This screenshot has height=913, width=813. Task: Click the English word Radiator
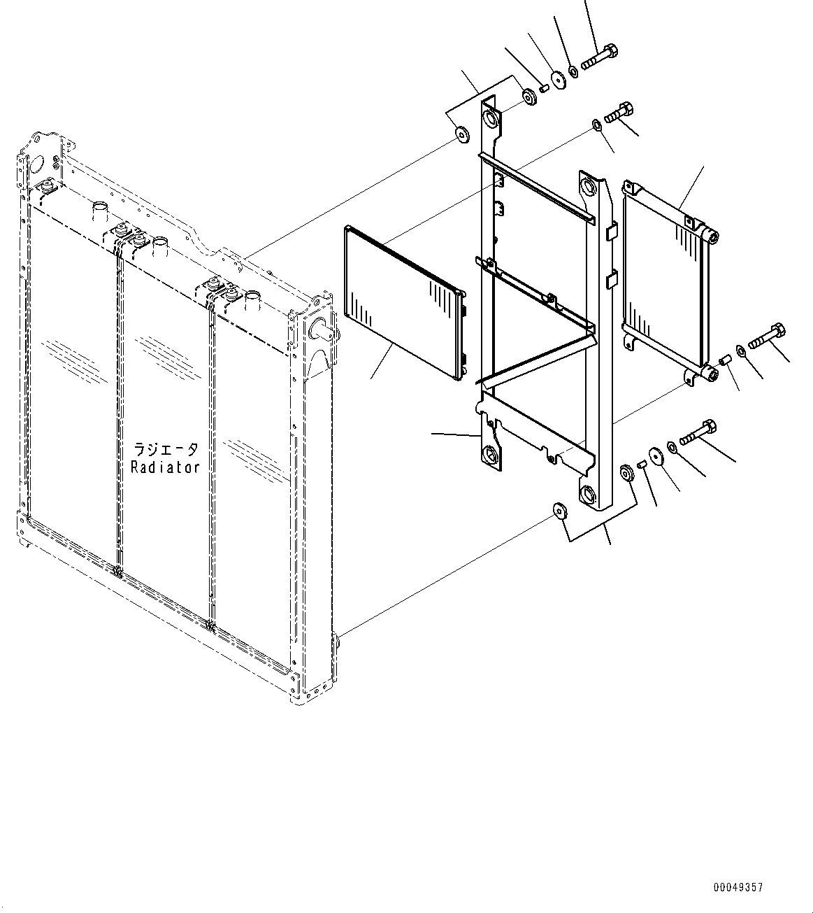pyautogui.click(x=166, y=467)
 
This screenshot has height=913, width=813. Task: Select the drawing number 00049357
pyautogui.click(x=738, y=887)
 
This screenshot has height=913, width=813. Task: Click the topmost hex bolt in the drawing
pyautogui.click(x=599, y=57)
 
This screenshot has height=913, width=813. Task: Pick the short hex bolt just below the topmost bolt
pyautogui.click(x=619, y=113)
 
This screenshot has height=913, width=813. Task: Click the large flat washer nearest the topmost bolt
pyautogui.click(x=559, y=79)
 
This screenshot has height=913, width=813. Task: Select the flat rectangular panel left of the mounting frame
pyautogui.click(x=402, y=301)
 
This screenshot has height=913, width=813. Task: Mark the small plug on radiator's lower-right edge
pyautogui.click(x=336, y=639)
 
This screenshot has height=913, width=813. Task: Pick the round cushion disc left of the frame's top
pyautogui.click(x=462, y=134)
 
